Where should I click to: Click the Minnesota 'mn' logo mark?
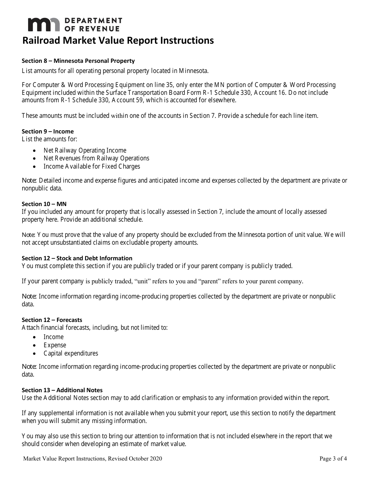43,25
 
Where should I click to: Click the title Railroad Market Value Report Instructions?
118,41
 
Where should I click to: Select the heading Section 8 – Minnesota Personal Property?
78,61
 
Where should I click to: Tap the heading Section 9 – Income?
48,132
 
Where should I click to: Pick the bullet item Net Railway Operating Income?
85,150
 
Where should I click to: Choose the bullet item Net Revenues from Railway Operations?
96,158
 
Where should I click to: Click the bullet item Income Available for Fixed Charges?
91,167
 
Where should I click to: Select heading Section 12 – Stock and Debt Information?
77,258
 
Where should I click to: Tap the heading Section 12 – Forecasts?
52,320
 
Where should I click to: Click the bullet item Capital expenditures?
71,354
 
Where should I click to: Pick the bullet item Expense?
55,345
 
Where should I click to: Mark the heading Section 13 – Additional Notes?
62,390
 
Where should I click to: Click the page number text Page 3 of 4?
333,459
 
